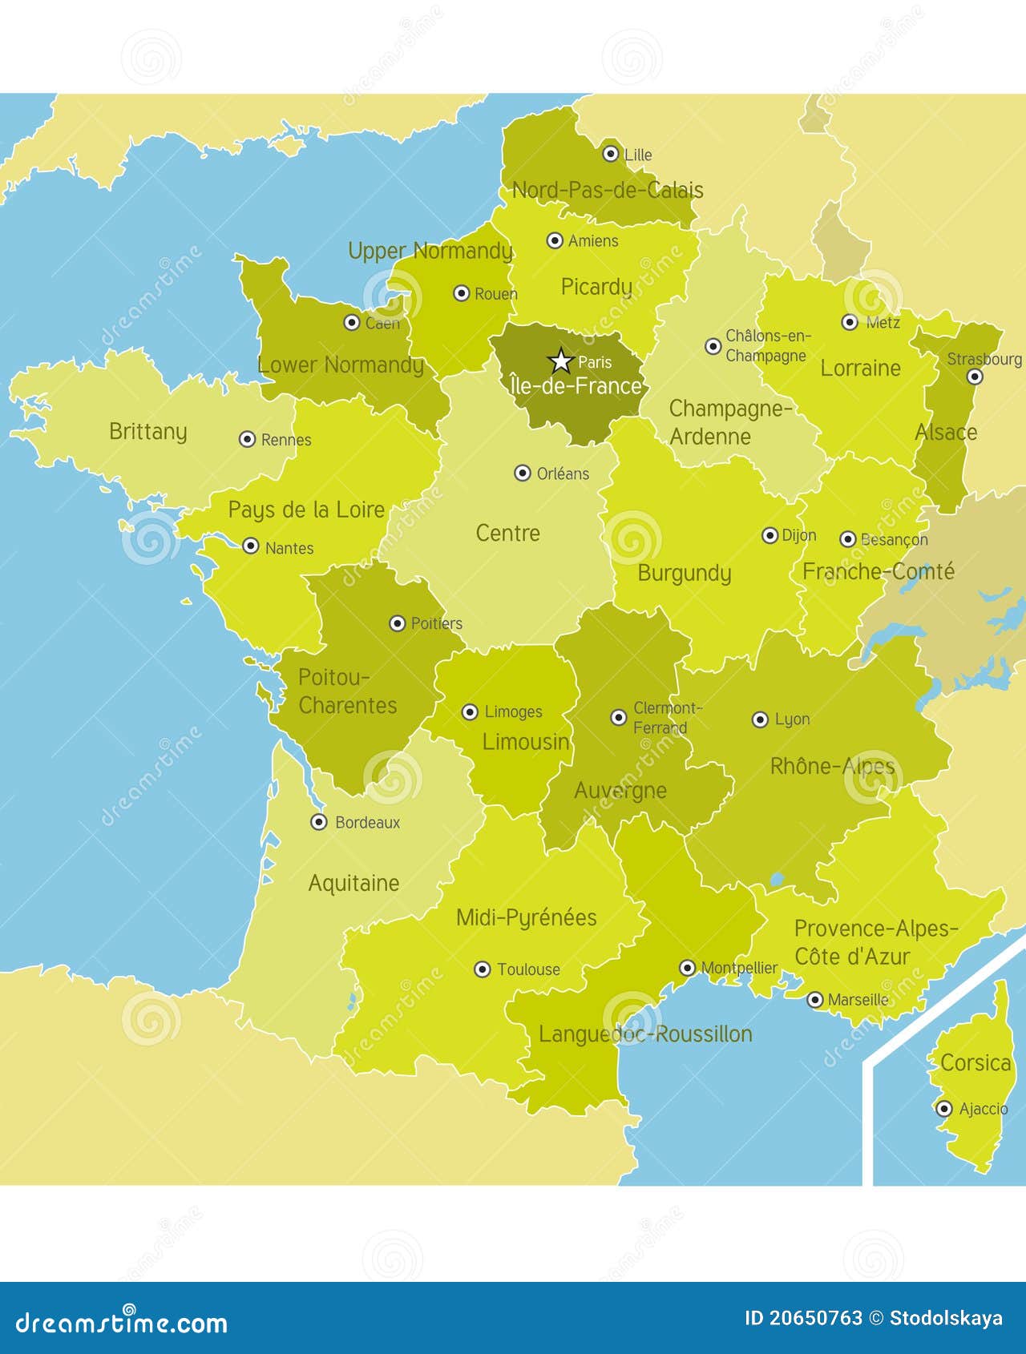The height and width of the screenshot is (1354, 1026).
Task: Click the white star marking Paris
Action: [561, 361]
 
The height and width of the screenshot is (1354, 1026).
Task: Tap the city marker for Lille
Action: [611, 153]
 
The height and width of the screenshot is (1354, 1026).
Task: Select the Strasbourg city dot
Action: [975, 377]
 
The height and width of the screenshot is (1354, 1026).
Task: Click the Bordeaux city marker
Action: [319, 822]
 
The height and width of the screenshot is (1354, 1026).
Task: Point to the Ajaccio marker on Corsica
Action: [944, 1109]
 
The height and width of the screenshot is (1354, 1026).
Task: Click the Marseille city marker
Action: [814, 1000]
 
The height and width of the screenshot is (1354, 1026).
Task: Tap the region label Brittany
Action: [148, 432]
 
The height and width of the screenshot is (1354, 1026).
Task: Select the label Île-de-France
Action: [576, 386]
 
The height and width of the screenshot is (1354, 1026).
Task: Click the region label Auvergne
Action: [620, 791]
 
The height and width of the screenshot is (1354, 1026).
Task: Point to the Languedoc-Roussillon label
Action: [645, 1034]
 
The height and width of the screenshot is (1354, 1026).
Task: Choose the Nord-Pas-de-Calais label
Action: [608, 191]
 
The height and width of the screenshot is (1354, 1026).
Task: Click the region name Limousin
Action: [526, 742]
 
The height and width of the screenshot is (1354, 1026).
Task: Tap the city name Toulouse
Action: [528, 969]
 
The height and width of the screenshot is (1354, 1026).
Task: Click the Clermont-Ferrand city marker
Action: [619, 717]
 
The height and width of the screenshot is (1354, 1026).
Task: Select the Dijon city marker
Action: [769, 535]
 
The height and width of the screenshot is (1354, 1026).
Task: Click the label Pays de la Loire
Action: [306, 510]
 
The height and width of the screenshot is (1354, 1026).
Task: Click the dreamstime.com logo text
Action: [122, 1322]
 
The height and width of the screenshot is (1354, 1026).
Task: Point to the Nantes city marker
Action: [251, 546]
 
